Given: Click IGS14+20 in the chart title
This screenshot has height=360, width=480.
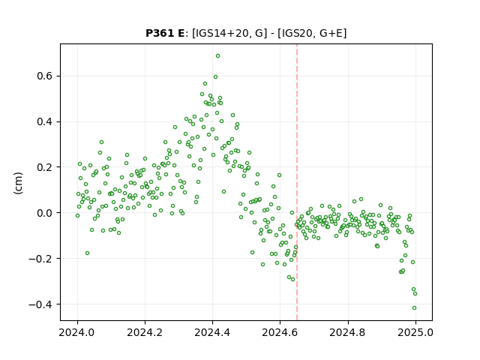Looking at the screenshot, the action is pos(221,33).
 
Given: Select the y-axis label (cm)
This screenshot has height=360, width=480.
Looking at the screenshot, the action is pos(18,183).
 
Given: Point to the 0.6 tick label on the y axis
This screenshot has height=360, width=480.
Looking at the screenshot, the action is pos(45,76).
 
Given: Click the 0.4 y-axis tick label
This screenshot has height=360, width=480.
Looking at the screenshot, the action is pos(45,121).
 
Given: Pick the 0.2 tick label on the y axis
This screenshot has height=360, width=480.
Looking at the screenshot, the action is pos(45,167).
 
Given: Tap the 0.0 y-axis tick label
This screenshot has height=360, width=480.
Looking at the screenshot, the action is pos(45,213).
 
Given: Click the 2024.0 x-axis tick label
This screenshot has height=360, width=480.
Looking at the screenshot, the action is pos(77,332).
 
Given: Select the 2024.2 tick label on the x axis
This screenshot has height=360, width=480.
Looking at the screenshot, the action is pos(145,332).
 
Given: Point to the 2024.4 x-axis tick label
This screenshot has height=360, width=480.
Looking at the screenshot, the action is pos(212,332).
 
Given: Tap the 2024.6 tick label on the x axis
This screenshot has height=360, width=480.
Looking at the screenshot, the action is pos(280,332).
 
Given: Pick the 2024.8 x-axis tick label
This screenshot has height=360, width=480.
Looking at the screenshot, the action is pos(348,332).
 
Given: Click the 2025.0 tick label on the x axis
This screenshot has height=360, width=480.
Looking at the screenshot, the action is pos(415,332).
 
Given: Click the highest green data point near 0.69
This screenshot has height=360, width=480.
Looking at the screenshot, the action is pos(217,56).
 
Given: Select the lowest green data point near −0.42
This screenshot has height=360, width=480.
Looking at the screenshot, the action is pos(414,308).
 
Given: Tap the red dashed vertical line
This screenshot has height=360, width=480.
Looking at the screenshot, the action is pos(297,182).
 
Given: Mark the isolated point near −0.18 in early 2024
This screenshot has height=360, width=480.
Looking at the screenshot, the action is pos(87,253).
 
